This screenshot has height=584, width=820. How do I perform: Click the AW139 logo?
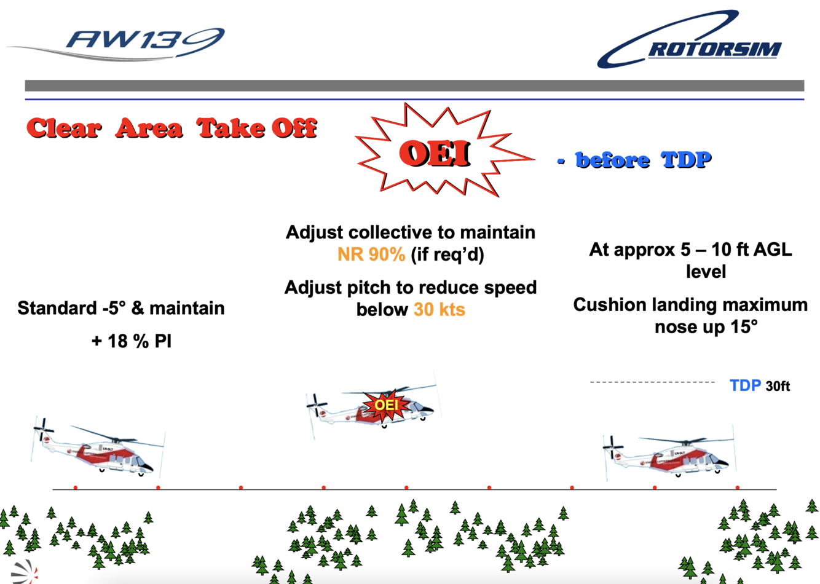tap(145, 42)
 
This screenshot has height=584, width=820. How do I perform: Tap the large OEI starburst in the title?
tap(435, 152)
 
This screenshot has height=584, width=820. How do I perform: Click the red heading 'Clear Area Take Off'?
tap(171, 128)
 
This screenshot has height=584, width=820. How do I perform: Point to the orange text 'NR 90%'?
tap(371, 255)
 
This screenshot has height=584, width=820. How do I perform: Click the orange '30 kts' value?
tap(439, 309)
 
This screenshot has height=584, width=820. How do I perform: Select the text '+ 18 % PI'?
tap(131, 341)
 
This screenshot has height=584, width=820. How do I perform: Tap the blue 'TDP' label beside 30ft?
tap(744, 386)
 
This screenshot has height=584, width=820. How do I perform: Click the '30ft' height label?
tap(778, 387)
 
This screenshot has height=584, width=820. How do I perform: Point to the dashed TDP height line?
tap(652, 382)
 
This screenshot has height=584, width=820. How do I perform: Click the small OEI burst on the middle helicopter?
tap(386, 405)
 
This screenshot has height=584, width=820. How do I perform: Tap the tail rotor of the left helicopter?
tap(42, 430)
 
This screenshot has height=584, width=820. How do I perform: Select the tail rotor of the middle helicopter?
tap(317, 405)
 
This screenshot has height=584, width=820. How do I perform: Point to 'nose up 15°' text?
tap(706, 327)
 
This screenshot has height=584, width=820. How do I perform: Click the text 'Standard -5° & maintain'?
tap(121, 308)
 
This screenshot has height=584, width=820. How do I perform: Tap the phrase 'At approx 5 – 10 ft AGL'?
tap(690, 250)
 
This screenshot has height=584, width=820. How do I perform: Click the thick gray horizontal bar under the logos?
tap(414, 85)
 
